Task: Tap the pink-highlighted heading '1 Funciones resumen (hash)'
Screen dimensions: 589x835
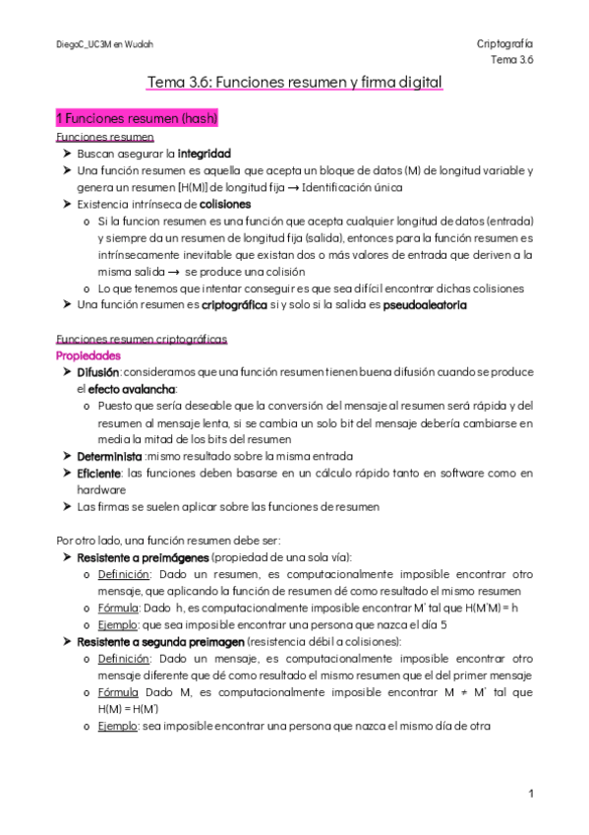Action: click(137, 118)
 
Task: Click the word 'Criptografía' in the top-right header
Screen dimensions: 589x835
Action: click(503, 44)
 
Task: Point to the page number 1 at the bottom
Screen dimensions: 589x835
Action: click(530, 793)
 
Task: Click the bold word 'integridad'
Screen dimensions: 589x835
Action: click(204, 154)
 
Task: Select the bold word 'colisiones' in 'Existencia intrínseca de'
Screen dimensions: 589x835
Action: click(225, 204)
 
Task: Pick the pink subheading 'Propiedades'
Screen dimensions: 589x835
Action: click(88, 355)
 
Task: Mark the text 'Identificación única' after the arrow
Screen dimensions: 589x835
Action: click(353, 187)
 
